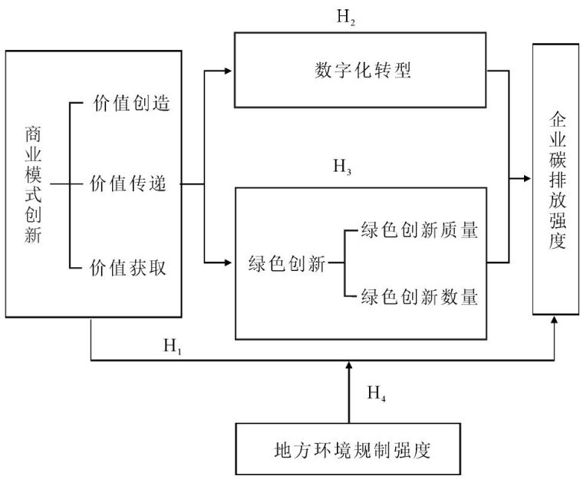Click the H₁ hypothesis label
(173, 346)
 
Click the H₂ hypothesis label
(346, 18)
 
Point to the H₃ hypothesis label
(342, 167)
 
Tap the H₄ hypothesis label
(377, 394)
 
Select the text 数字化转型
(362, 70)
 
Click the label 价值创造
(131, 103)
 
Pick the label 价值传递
(128, 183)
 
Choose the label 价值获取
(128, 268)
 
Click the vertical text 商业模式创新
(33, 184)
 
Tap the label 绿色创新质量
(420, 230)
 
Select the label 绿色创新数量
(420, 297)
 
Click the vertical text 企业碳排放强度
(557, 180)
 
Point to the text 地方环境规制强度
(352, 450)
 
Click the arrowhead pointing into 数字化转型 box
(228, 71)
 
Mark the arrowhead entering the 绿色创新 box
(228, 263)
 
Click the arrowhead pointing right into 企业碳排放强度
(527, 179)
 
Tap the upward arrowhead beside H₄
(348, 365)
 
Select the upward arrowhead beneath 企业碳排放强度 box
(554, 320)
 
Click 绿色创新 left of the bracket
(287, 263)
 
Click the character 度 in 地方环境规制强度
(422, 450)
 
